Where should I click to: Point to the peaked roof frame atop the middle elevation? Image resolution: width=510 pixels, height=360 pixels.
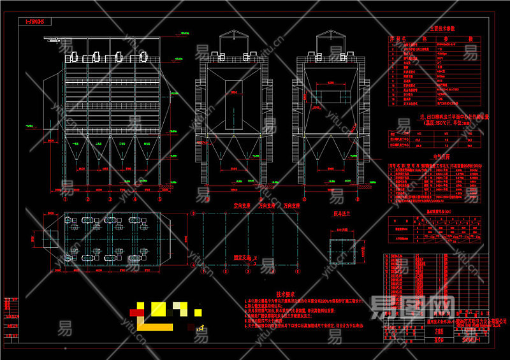coord(235,42)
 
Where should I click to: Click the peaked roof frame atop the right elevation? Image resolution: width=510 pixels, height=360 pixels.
coord(329,42)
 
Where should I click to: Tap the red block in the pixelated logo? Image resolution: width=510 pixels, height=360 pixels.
coord(135,312)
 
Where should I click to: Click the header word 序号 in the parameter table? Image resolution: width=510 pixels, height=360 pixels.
coord(393,39)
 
